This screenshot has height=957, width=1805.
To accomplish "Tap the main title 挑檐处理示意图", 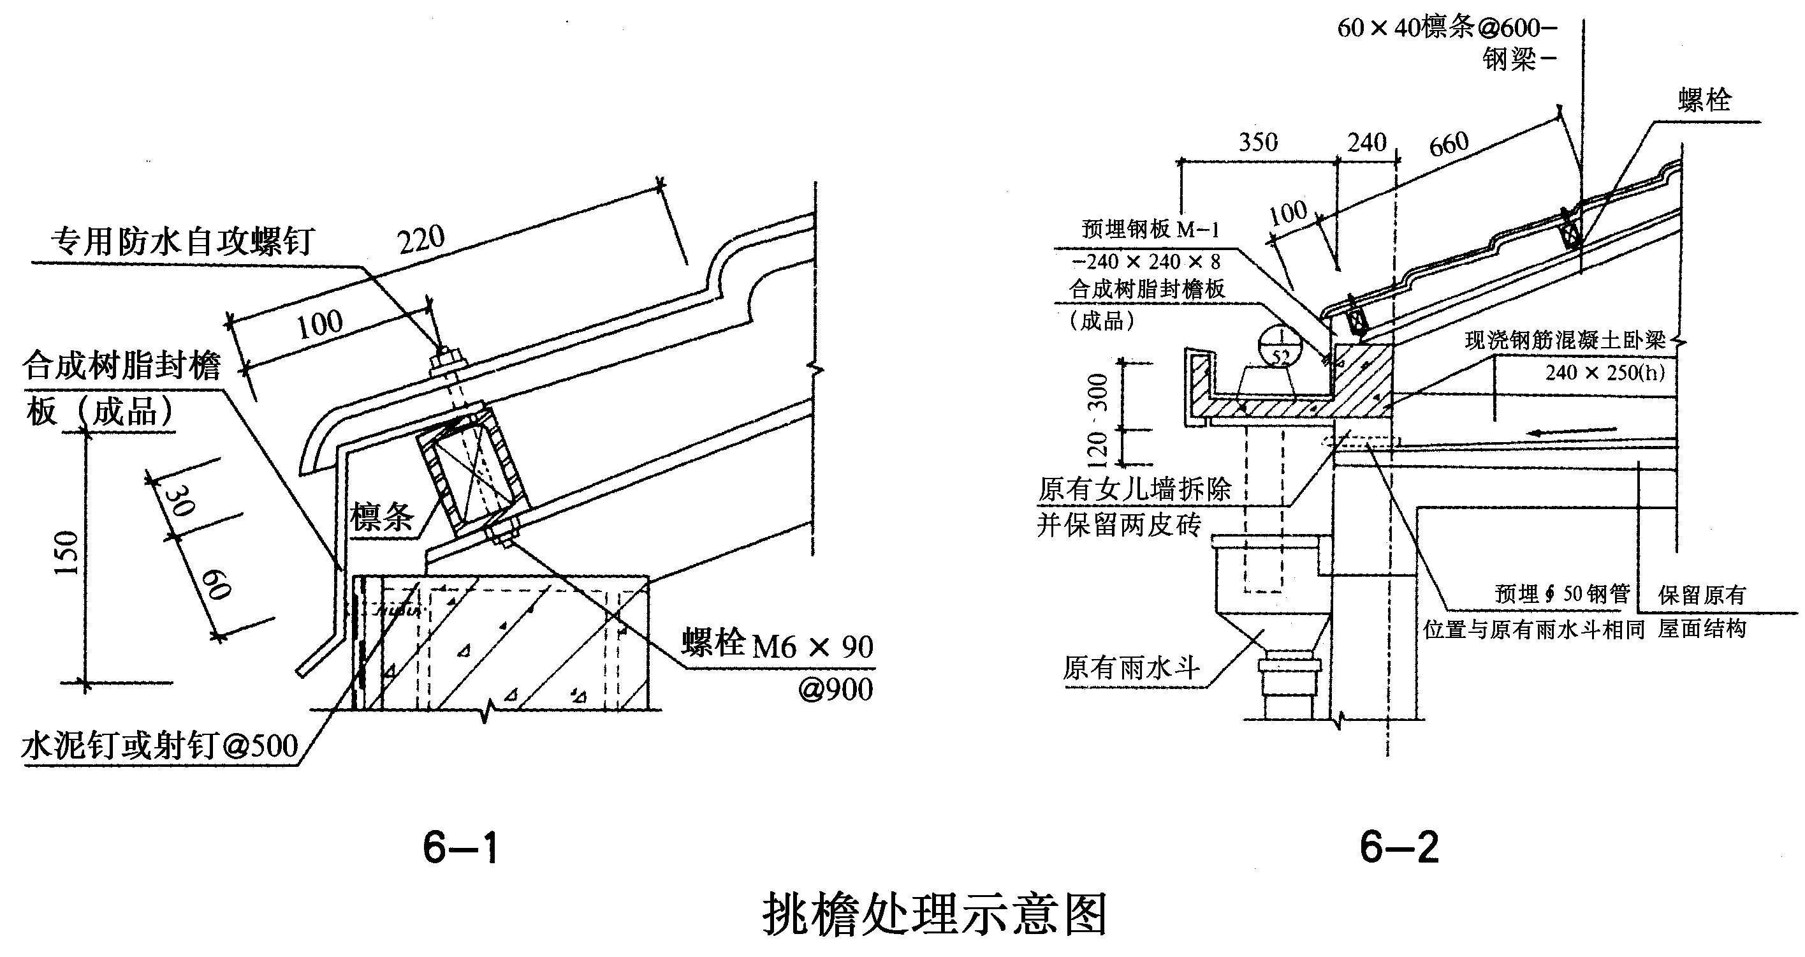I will [935, 914].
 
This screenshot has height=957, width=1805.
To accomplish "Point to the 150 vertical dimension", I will [66, 553].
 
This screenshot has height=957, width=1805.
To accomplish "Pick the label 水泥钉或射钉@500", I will [160, 746].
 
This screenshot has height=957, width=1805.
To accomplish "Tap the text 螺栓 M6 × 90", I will [778, 645].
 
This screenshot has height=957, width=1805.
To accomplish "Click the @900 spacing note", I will [835, 690].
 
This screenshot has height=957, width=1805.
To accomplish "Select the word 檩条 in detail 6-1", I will [382, 517].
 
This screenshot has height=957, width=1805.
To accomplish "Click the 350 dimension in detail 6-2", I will [1259, 142].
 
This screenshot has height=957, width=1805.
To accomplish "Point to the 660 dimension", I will [1449, 144].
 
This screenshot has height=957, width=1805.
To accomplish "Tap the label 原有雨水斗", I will [1130, 668].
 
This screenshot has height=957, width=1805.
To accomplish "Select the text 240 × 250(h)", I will [1605, 373].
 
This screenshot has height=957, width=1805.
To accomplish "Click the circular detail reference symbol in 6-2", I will [1280, 345].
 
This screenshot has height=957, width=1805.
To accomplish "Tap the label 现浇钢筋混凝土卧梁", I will [1565, 341].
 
